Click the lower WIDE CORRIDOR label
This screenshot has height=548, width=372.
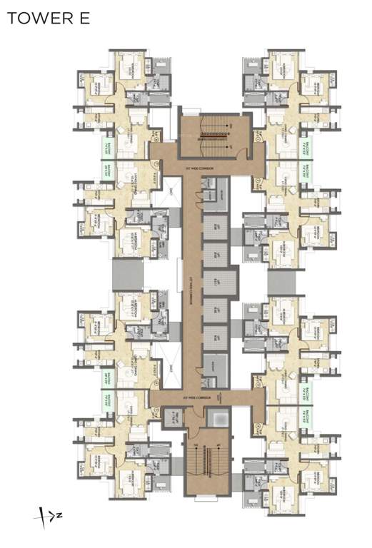coord(175,395)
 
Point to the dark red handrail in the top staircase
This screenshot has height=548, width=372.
coord(215,134)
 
